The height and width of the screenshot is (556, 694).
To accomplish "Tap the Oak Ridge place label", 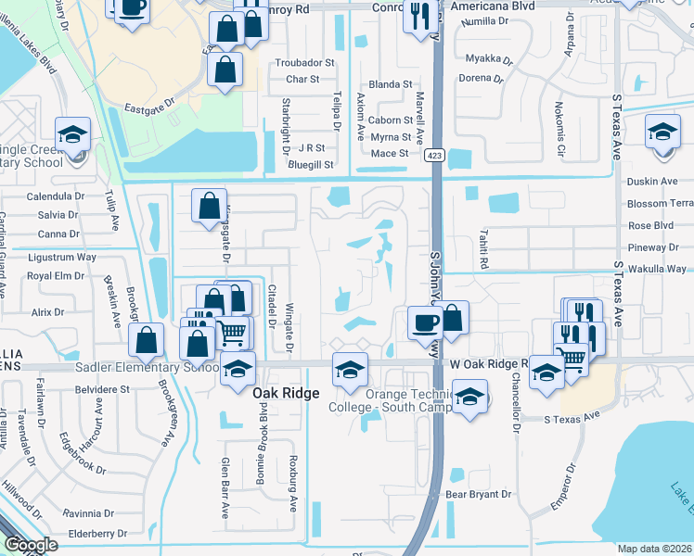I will click(287, 393).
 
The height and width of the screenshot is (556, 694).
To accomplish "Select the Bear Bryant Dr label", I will click(480, 494).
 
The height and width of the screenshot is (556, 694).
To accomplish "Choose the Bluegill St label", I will click(310, 164).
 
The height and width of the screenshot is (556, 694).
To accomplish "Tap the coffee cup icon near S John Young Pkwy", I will click(426, 323).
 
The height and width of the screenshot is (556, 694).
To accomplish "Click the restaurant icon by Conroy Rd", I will click(419, 16).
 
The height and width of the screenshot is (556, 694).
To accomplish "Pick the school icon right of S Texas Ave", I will click(662, 133).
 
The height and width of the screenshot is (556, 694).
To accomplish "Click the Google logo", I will click(30, 545).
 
